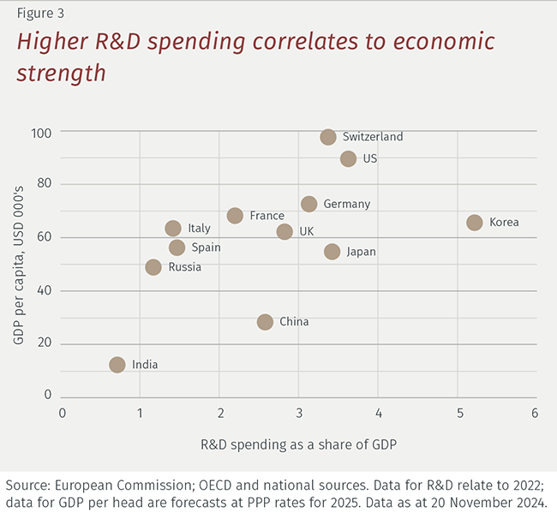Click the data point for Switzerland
tap(328, 137)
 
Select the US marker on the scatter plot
tap(348, 158)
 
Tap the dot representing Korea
tap(475, 223)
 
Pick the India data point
tap(117, 365)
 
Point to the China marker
tap(265, 322)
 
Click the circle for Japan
tap(332, 252)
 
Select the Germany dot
tap(309, 204)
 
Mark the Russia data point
tap(153, 267)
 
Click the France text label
tap(267, 216)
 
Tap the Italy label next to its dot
tap(199, 229)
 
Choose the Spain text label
tap(206, 247)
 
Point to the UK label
tap(307, 232)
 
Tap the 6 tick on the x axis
tap(536, 414)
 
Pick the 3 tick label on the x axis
tap(299, 414)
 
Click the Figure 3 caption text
tap(39, 14)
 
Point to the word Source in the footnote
tap(27, 484)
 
